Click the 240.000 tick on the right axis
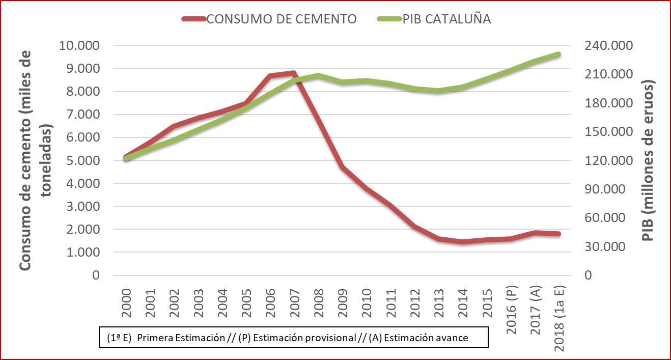[x=599, y=46]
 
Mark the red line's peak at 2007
[x=294, y=73]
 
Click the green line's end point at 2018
[x=558, y=54]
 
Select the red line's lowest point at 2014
[x=462, y=242]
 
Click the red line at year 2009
[x=342, y=167]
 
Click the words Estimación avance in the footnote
[x=429, y=338]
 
